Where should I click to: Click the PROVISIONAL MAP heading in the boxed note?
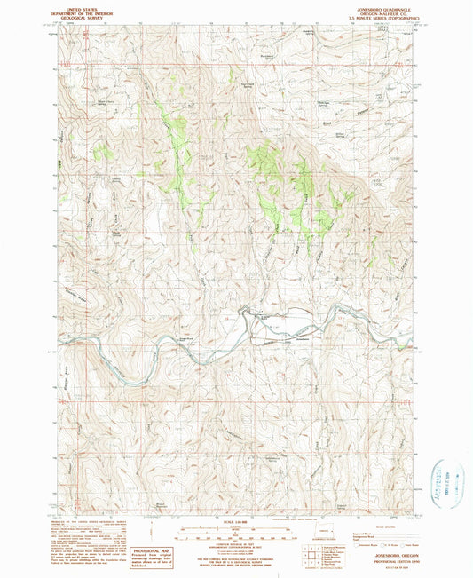[149, 550]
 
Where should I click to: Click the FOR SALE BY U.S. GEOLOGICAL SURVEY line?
[236, 558]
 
